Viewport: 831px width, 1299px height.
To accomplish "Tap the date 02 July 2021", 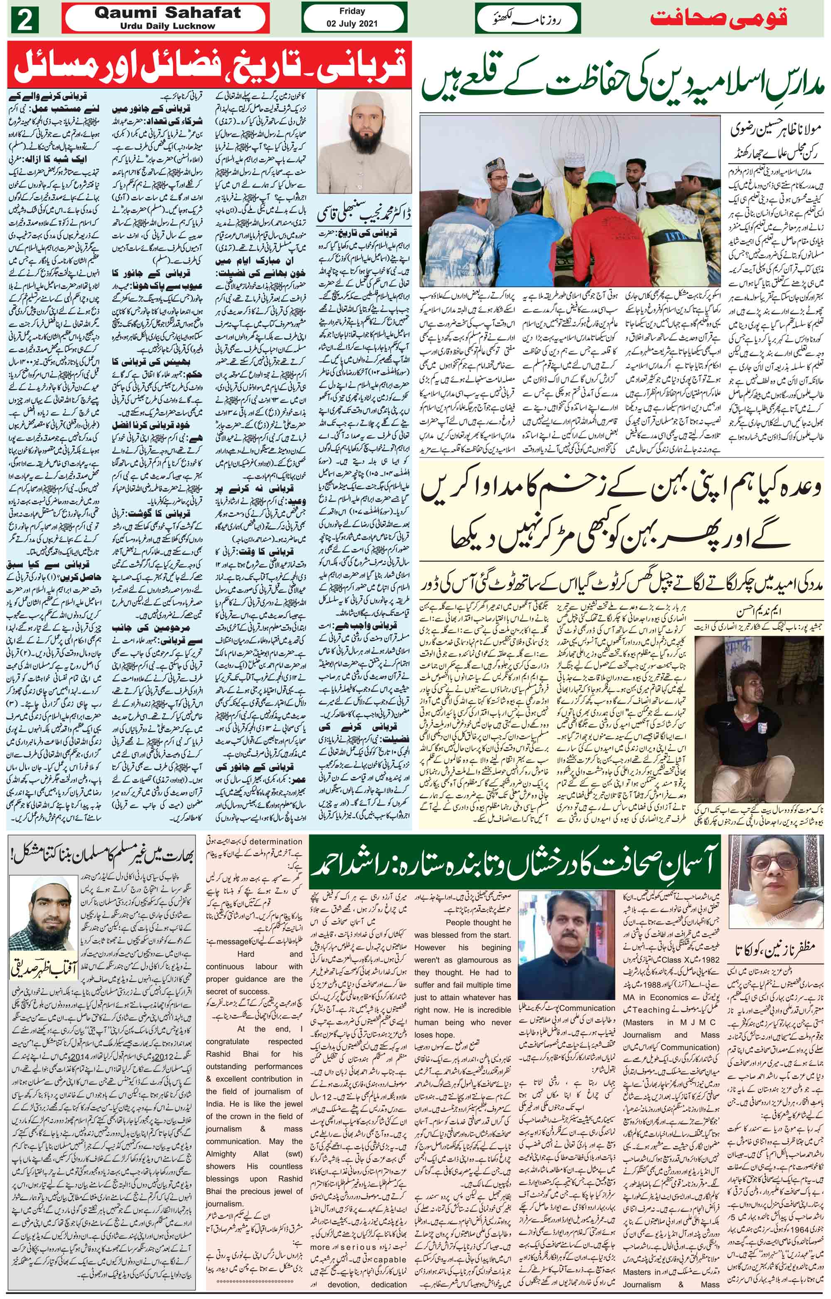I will pyautogui.click(x=352, y=24).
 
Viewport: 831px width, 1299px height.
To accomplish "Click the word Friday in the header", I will pyautogui.click(x=352, y=11).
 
